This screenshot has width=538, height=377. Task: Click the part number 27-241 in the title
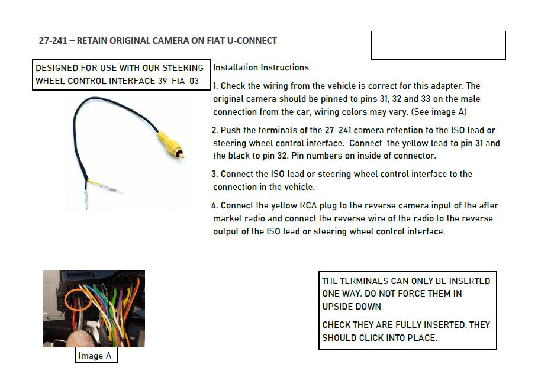click(x=53, y=41)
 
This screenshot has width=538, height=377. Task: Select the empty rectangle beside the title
click(x=438, y=46)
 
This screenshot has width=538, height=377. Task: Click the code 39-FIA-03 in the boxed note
click(x=178, y=81)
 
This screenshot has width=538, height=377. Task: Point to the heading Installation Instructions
click(x=261, y=67)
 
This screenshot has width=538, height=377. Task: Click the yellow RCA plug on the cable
click(x=169, y=143)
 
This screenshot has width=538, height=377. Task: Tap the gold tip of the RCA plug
click(x=181, y=155)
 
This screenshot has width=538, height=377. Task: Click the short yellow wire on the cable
click(x=95, y=182)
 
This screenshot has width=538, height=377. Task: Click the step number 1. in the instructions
click(x=215, y=86)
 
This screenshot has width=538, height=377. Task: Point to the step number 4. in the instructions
click(x=215, y=205)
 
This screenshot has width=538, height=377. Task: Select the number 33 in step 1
click(x=426, y=99)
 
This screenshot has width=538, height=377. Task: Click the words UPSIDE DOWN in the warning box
click(x=352, y=307)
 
